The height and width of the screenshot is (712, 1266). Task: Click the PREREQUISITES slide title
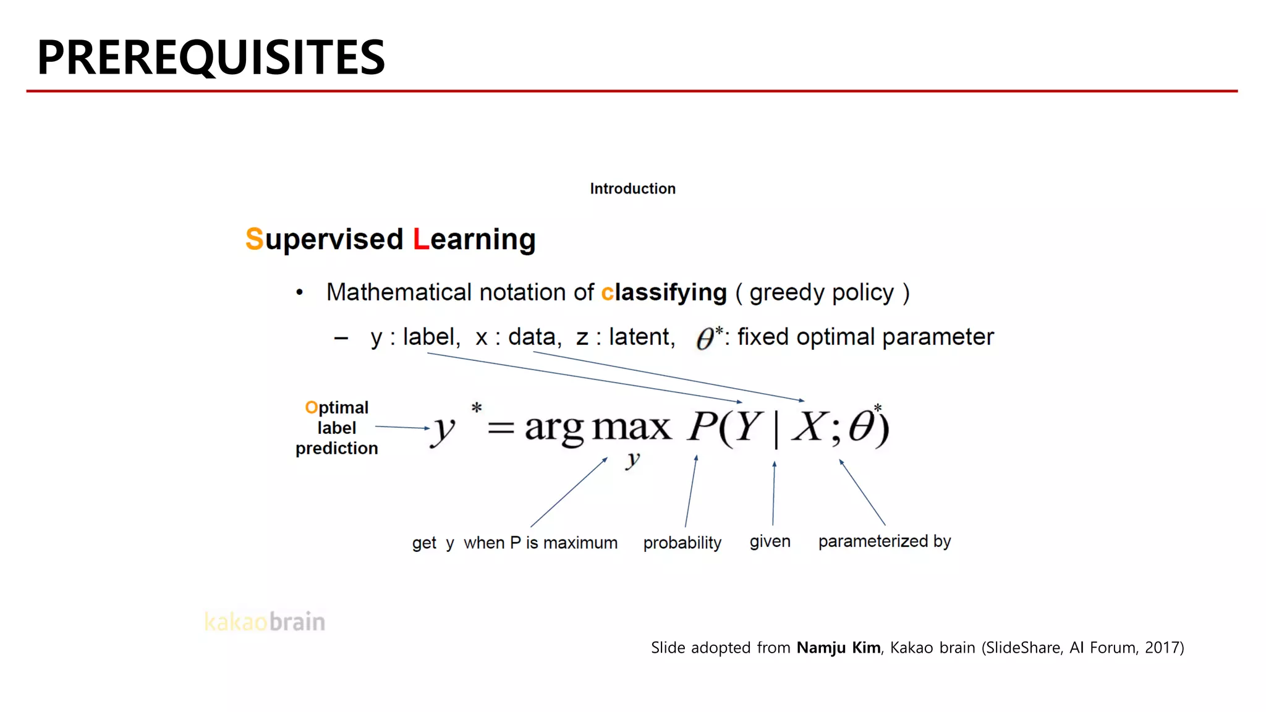coord(211,57)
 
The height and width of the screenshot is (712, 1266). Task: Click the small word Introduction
coord(632,189)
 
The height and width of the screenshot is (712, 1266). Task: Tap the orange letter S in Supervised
coord(254,239)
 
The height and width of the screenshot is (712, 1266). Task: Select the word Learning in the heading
coord(474,239)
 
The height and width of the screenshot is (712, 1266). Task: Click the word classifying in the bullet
coord(664,292)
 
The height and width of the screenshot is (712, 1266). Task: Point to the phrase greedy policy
coord(822,292)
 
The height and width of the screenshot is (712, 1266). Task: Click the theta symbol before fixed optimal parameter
coord(705,339)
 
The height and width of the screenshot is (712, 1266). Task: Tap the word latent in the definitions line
coord(641,337)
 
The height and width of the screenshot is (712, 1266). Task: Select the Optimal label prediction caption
coord(337,428)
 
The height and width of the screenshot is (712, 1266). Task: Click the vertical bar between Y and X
coord(776,428)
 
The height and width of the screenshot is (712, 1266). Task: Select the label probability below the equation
coord(682,543)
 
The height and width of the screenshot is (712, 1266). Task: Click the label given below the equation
coord(770,541)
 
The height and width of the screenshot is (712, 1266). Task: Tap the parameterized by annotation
coord(884,541)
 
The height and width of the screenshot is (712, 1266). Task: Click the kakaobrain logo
coord(265,622)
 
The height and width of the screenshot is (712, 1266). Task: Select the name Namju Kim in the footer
coord(838,648)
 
